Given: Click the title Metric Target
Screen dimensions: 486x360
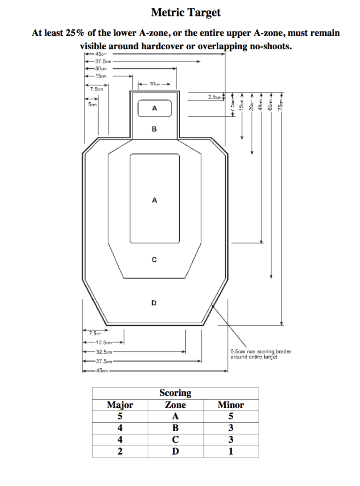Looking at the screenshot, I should click(x=185, y=13).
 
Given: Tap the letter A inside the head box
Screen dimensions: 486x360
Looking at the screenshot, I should click(x=154, y=109).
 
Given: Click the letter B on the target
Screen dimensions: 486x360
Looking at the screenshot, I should click(x=154, y=129).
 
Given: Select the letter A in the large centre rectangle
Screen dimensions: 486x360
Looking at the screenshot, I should click(x=154, y=200).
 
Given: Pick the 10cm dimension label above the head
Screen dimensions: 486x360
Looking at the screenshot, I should click(x=154, y=84).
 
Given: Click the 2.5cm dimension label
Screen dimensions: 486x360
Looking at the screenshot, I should click(x=214, y=97).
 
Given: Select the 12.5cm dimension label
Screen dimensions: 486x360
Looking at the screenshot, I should click(x=102, y=342).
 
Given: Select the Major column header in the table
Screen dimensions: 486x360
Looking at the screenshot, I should click(x=120, y=405).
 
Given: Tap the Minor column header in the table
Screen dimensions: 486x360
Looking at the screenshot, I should click(x=230, y=405).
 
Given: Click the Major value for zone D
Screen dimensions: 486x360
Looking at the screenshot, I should click(x=120, y=451).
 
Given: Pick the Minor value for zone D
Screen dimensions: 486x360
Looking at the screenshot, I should click(x=230, y=451).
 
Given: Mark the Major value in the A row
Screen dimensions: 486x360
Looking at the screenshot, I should click(x=120, y=417).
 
